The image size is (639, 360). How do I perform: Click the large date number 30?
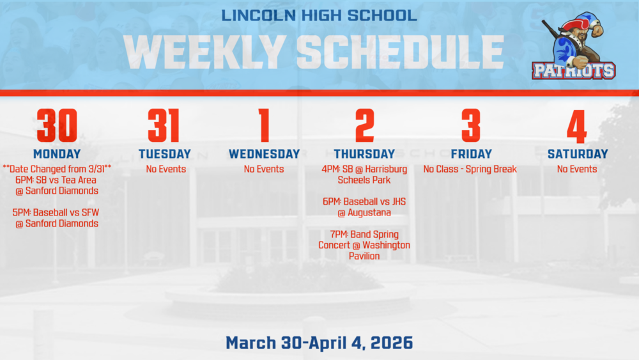(57, 126)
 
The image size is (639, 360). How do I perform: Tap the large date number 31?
(164, 126)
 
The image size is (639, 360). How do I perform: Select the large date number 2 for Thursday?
(364, 126)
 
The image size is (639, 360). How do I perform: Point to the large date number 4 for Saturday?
(577, 126)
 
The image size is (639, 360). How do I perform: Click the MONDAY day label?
(57, 154)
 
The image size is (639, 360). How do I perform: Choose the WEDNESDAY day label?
(264, 154)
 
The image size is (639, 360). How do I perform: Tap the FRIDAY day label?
(471, 154)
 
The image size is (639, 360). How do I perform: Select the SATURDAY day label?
(578, 154)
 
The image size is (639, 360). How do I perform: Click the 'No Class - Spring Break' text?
(470, 169)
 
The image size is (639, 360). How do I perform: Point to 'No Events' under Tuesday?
(166, 169)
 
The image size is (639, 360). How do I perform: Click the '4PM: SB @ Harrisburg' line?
(364, 169)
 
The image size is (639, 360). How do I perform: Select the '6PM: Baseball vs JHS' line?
(364, 202)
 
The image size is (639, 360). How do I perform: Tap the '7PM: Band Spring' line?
(364, 235)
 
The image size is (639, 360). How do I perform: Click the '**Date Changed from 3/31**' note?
(57, 169)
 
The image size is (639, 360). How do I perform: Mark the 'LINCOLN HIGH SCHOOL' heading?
(319, 15)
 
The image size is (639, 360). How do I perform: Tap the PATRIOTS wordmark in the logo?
(573, 70)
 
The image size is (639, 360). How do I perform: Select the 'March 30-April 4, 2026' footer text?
(319, 343)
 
